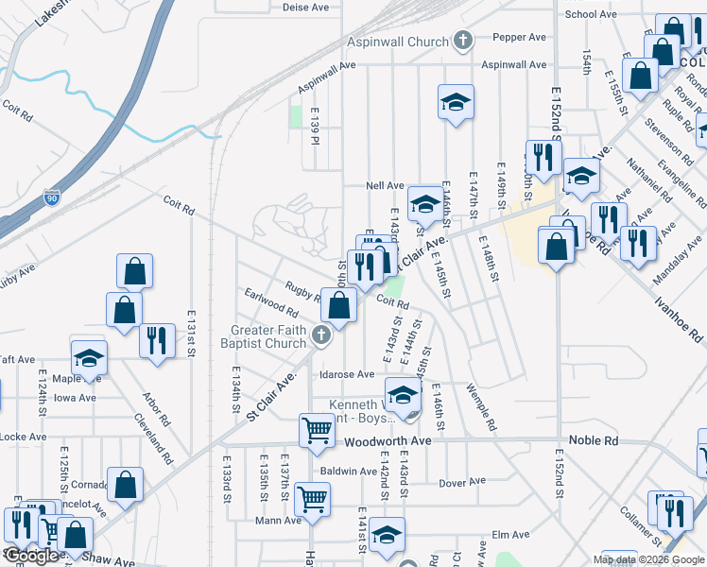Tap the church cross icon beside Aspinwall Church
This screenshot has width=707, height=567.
(462, 41)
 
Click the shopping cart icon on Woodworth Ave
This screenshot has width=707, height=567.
(317, 430)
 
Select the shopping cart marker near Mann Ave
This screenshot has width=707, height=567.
(312, 497)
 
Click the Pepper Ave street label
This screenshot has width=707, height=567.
(524, 38)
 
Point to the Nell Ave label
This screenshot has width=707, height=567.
(386, 186)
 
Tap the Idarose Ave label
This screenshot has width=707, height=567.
(348, 375)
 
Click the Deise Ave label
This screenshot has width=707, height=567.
(305, 7)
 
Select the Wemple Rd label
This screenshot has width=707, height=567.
(481, 407)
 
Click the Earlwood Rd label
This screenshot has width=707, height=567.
(271, 302)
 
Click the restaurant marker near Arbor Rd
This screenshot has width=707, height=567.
(157, 340)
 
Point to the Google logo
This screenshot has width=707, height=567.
(33, 556)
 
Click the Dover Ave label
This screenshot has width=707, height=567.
(462, 483)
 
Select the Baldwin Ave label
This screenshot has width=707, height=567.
(349, 471)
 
